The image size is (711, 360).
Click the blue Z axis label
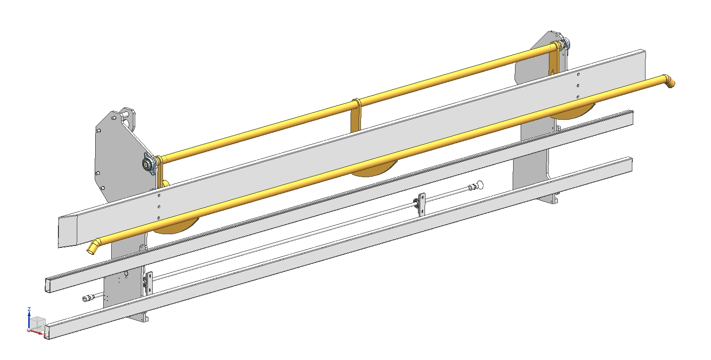coord(29,309)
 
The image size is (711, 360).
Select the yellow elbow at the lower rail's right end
coord(669,81)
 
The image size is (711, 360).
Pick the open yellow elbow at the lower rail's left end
coord(93,247)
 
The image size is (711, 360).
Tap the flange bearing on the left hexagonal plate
coord(148,164)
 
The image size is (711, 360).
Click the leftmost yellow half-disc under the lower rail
coord(176,227)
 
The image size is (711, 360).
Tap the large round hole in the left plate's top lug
coord(127,122)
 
